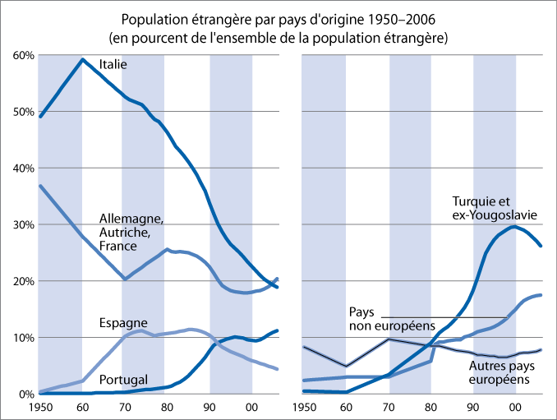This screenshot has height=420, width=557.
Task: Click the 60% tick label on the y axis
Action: point(21,55)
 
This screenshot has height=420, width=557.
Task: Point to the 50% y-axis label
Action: point(21,112)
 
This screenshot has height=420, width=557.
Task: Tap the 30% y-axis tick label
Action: point(21,224)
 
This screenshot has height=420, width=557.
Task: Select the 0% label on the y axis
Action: point(25,394)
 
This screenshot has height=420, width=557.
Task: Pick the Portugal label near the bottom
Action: point(123,379)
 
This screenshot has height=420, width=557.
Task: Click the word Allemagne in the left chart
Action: point(131,219)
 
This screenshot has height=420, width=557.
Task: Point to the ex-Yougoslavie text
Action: point(495,215)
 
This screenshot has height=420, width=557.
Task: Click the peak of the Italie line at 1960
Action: point(81,59)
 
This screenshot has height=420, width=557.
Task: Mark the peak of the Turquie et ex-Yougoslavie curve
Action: point(514,226)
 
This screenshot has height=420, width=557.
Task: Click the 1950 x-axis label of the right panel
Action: point(303,407)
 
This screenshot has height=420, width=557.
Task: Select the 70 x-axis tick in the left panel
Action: point(123,407)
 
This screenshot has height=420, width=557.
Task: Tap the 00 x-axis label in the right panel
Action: point(515,407)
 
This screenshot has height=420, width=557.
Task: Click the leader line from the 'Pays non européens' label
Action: point(444,317)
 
